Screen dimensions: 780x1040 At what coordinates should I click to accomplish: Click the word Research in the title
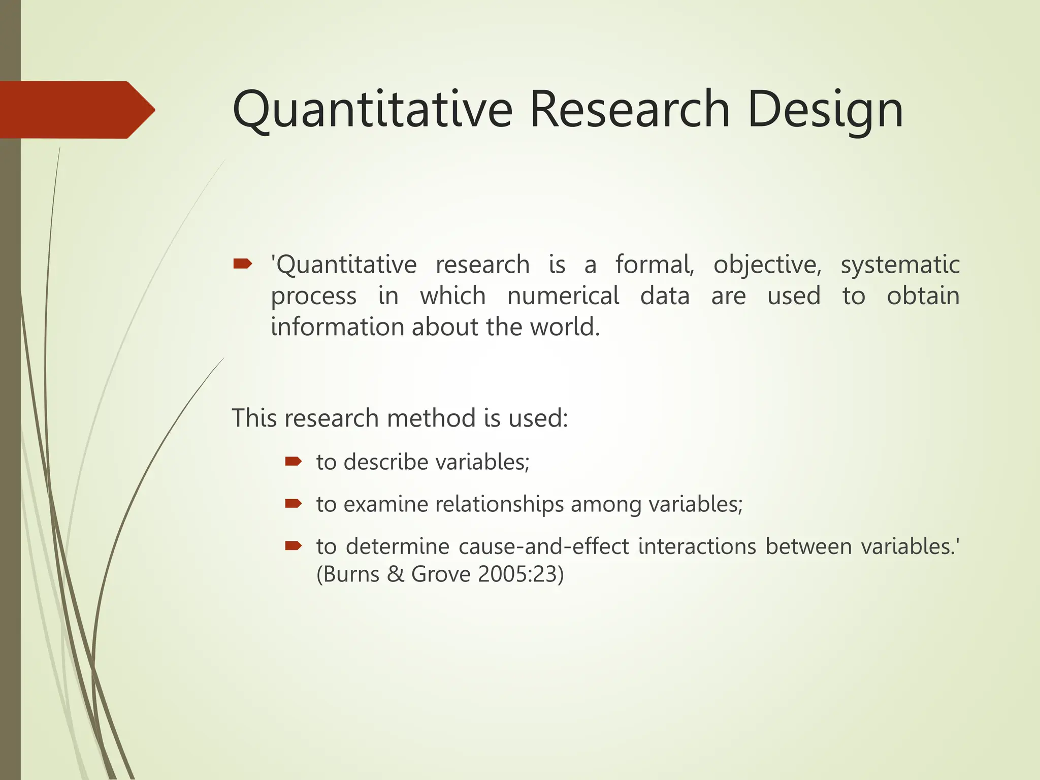630,109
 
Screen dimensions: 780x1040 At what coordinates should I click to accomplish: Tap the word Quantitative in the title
372,109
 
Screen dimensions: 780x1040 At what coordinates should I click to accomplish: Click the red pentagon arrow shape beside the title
76,110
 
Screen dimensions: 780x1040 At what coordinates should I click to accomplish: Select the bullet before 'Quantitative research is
242,264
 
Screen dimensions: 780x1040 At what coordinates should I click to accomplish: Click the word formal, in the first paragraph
655,265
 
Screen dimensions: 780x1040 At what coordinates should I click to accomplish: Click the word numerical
563,296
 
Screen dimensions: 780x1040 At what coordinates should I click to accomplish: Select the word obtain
923,296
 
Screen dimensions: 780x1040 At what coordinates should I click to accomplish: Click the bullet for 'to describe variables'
294,462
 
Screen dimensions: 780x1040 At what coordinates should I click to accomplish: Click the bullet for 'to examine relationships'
294,504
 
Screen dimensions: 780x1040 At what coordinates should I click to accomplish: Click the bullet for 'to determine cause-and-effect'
294,546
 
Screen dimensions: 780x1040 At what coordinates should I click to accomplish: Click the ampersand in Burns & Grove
395,575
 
